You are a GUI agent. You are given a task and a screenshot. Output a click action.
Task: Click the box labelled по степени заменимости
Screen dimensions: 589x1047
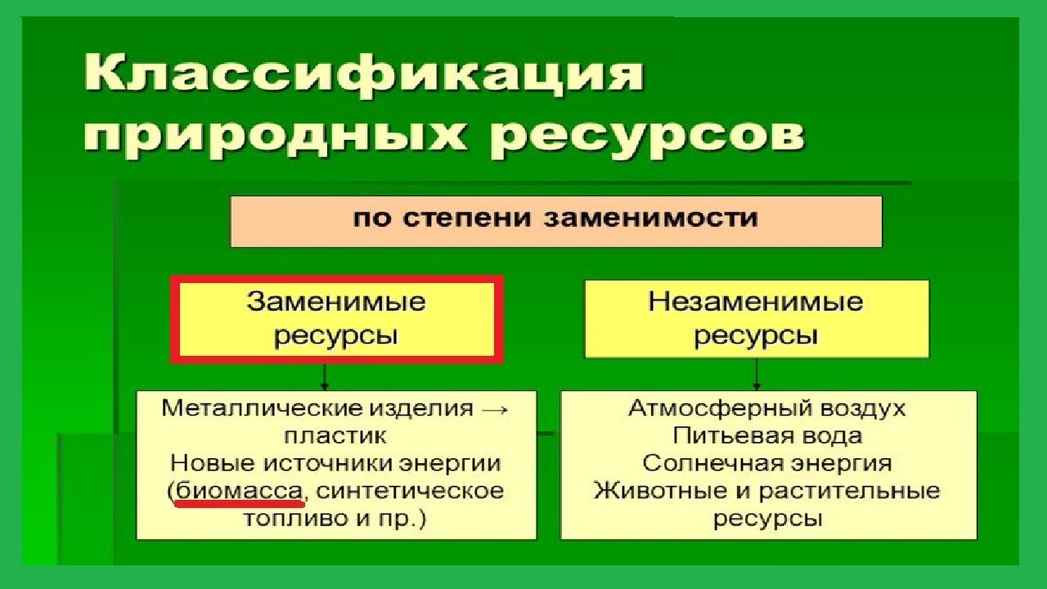point(555,219)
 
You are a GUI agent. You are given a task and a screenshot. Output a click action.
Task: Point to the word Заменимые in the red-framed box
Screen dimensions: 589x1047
point(336,303)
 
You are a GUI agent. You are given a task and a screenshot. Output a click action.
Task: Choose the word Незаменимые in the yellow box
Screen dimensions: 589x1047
point(756,303)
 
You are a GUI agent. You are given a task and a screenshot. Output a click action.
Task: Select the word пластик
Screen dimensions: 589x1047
point(336,436)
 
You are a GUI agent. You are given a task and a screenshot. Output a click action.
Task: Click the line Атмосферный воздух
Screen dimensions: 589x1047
point(767,408)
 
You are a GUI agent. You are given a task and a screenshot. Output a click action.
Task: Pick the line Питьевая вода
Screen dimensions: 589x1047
point(767,436)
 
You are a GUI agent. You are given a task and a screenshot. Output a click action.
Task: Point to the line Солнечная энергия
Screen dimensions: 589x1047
point(767,463)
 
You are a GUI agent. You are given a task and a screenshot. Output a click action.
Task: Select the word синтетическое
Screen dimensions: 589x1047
point(409,491)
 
